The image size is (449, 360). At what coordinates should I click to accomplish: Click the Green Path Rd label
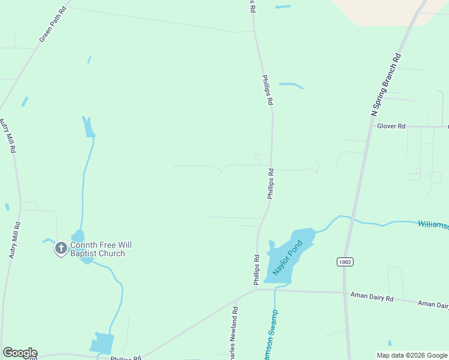(53, 25)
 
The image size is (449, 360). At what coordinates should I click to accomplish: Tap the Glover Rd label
(391, 126)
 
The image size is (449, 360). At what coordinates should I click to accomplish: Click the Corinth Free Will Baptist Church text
(101, 249)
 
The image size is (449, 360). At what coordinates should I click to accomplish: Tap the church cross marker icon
(61, 248)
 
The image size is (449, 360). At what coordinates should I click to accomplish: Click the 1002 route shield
(345, 262)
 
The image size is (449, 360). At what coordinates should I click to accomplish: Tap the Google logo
(20, 353)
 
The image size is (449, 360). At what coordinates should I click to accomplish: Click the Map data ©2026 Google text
(412, 355)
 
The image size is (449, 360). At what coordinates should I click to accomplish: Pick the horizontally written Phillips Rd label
(125, 358)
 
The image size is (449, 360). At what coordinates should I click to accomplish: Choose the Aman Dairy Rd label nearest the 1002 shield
(373, 298)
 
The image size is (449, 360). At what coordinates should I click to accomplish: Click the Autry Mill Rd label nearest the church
(15, 240)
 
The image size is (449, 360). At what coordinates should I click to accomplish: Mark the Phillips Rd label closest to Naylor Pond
(256, 270)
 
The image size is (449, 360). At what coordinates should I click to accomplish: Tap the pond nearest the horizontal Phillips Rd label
(101, 343)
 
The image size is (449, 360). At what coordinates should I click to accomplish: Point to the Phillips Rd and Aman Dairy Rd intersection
(257, 290)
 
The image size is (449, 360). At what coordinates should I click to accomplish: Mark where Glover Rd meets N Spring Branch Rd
(367, 127)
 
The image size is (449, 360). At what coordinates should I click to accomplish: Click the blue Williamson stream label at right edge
(433, 225)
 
